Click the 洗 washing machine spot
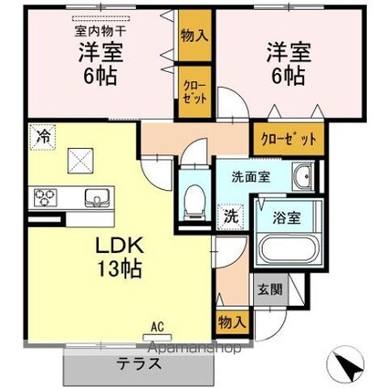click(x=232, y=216)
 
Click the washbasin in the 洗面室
click(x=302, y=175)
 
